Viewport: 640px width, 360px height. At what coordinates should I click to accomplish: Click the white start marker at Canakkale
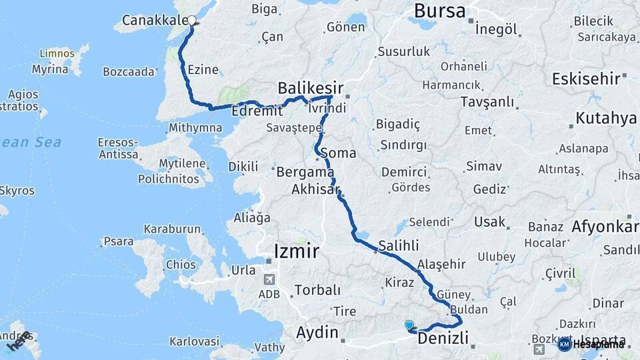(192, 20)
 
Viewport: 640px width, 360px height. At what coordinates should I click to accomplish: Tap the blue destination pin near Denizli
(409, 325)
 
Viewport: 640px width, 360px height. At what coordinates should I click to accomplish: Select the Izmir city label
(297, 251)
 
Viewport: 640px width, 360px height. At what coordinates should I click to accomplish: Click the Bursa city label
(439, 10)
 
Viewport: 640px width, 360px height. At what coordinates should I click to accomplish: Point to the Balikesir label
(311, 88)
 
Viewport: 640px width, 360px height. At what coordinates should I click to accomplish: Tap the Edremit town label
(253, 112)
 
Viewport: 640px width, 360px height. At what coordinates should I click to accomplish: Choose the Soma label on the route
(338, 153)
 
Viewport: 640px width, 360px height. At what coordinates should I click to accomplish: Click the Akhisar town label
(315, 190)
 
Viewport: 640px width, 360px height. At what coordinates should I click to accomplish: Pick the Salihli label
(398, 245)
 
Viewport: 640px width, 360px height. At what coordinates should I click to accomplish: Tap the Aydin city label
(317, 332)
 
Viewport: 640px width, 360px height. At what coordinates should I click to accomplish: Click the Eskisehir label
(586, 79)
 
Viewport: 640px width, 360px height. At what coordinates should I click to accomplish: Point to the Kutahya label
(606, 119)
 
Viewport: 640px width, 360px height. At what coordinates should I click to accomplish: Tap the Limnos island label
(57, 53)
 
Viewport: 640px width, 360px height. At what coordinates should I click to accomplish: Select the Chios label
(181, 265)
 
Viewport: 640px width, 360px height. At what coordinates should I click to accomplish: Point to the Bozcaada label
(129, 71)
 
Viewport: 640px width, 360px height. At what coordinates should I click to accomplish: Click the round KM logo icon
(564, 344)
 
